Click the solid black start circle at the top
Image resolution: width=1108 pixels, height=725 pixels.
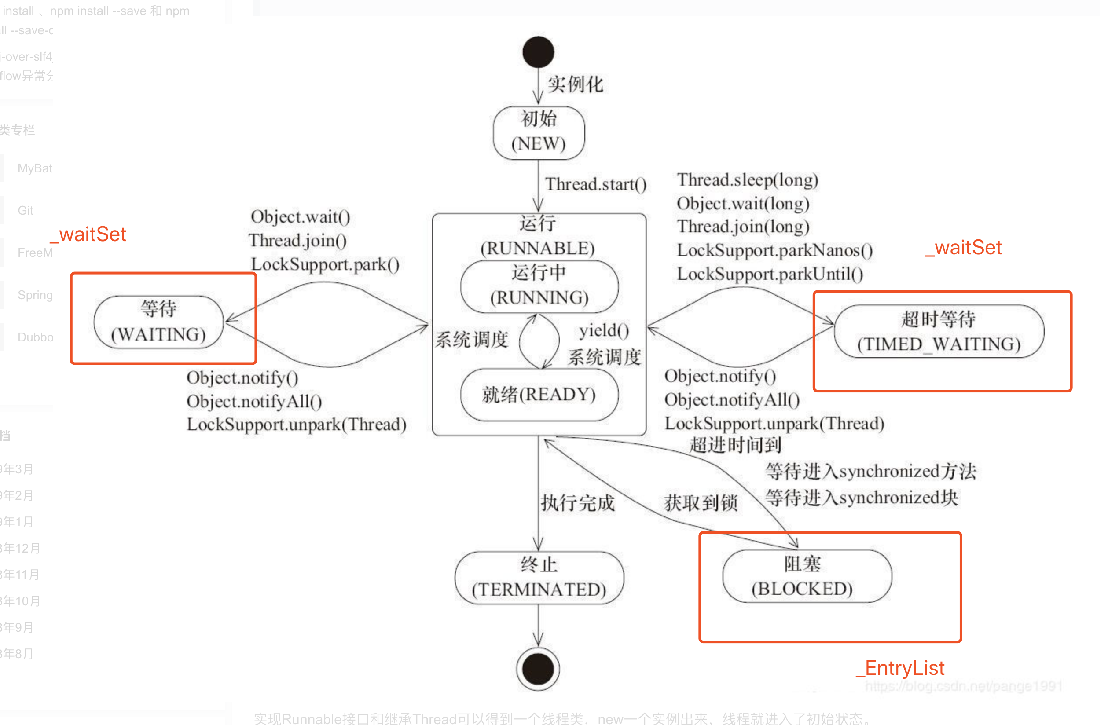tap(538, 52)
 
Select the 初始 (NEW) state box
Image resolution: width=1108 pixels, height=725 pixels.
tap(539, 132)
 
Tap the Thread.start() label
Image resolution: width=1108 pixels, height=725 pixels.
tap(595, 184)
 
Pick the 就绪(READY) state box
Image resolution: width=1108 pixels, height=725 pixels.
tap(539, 395)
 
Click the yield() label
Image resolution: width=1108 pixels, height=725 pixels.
tap(604, 330)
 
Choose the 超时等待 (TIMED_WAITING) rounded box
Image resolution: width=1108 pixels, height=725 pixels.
tap(939, 331)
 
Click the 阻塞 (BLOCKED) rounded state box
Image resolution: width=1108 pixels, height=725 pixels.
tap(807, 576)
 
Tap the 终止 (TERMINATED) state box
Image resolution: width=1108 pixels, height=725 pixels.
tap(539, 578)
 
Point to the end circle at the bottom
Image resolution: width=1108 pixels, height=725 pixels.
tap(538, 669)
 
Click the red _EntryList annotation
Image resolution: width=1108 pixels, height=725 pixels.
tap(900, 668)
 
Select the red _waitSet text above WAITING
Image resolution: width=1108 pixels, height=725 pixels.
tap(88, 234)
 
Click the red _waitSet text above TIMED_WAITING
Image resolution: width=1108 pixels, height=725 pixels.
tap(963, 248)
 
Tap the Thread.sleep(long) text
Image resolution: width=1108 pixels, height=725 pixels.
tap(747, 180)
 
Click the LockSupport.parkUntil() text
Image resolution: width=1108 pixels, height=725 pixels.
tap(770, 274)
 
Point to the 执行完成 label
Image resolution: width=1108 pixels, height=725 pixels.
tap(578, 503)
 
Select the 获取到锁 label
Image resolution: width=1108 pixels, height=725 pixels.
tap(700, 503)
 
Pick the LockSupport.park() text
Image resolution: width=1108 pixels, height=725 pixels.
tap(325, 264)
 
